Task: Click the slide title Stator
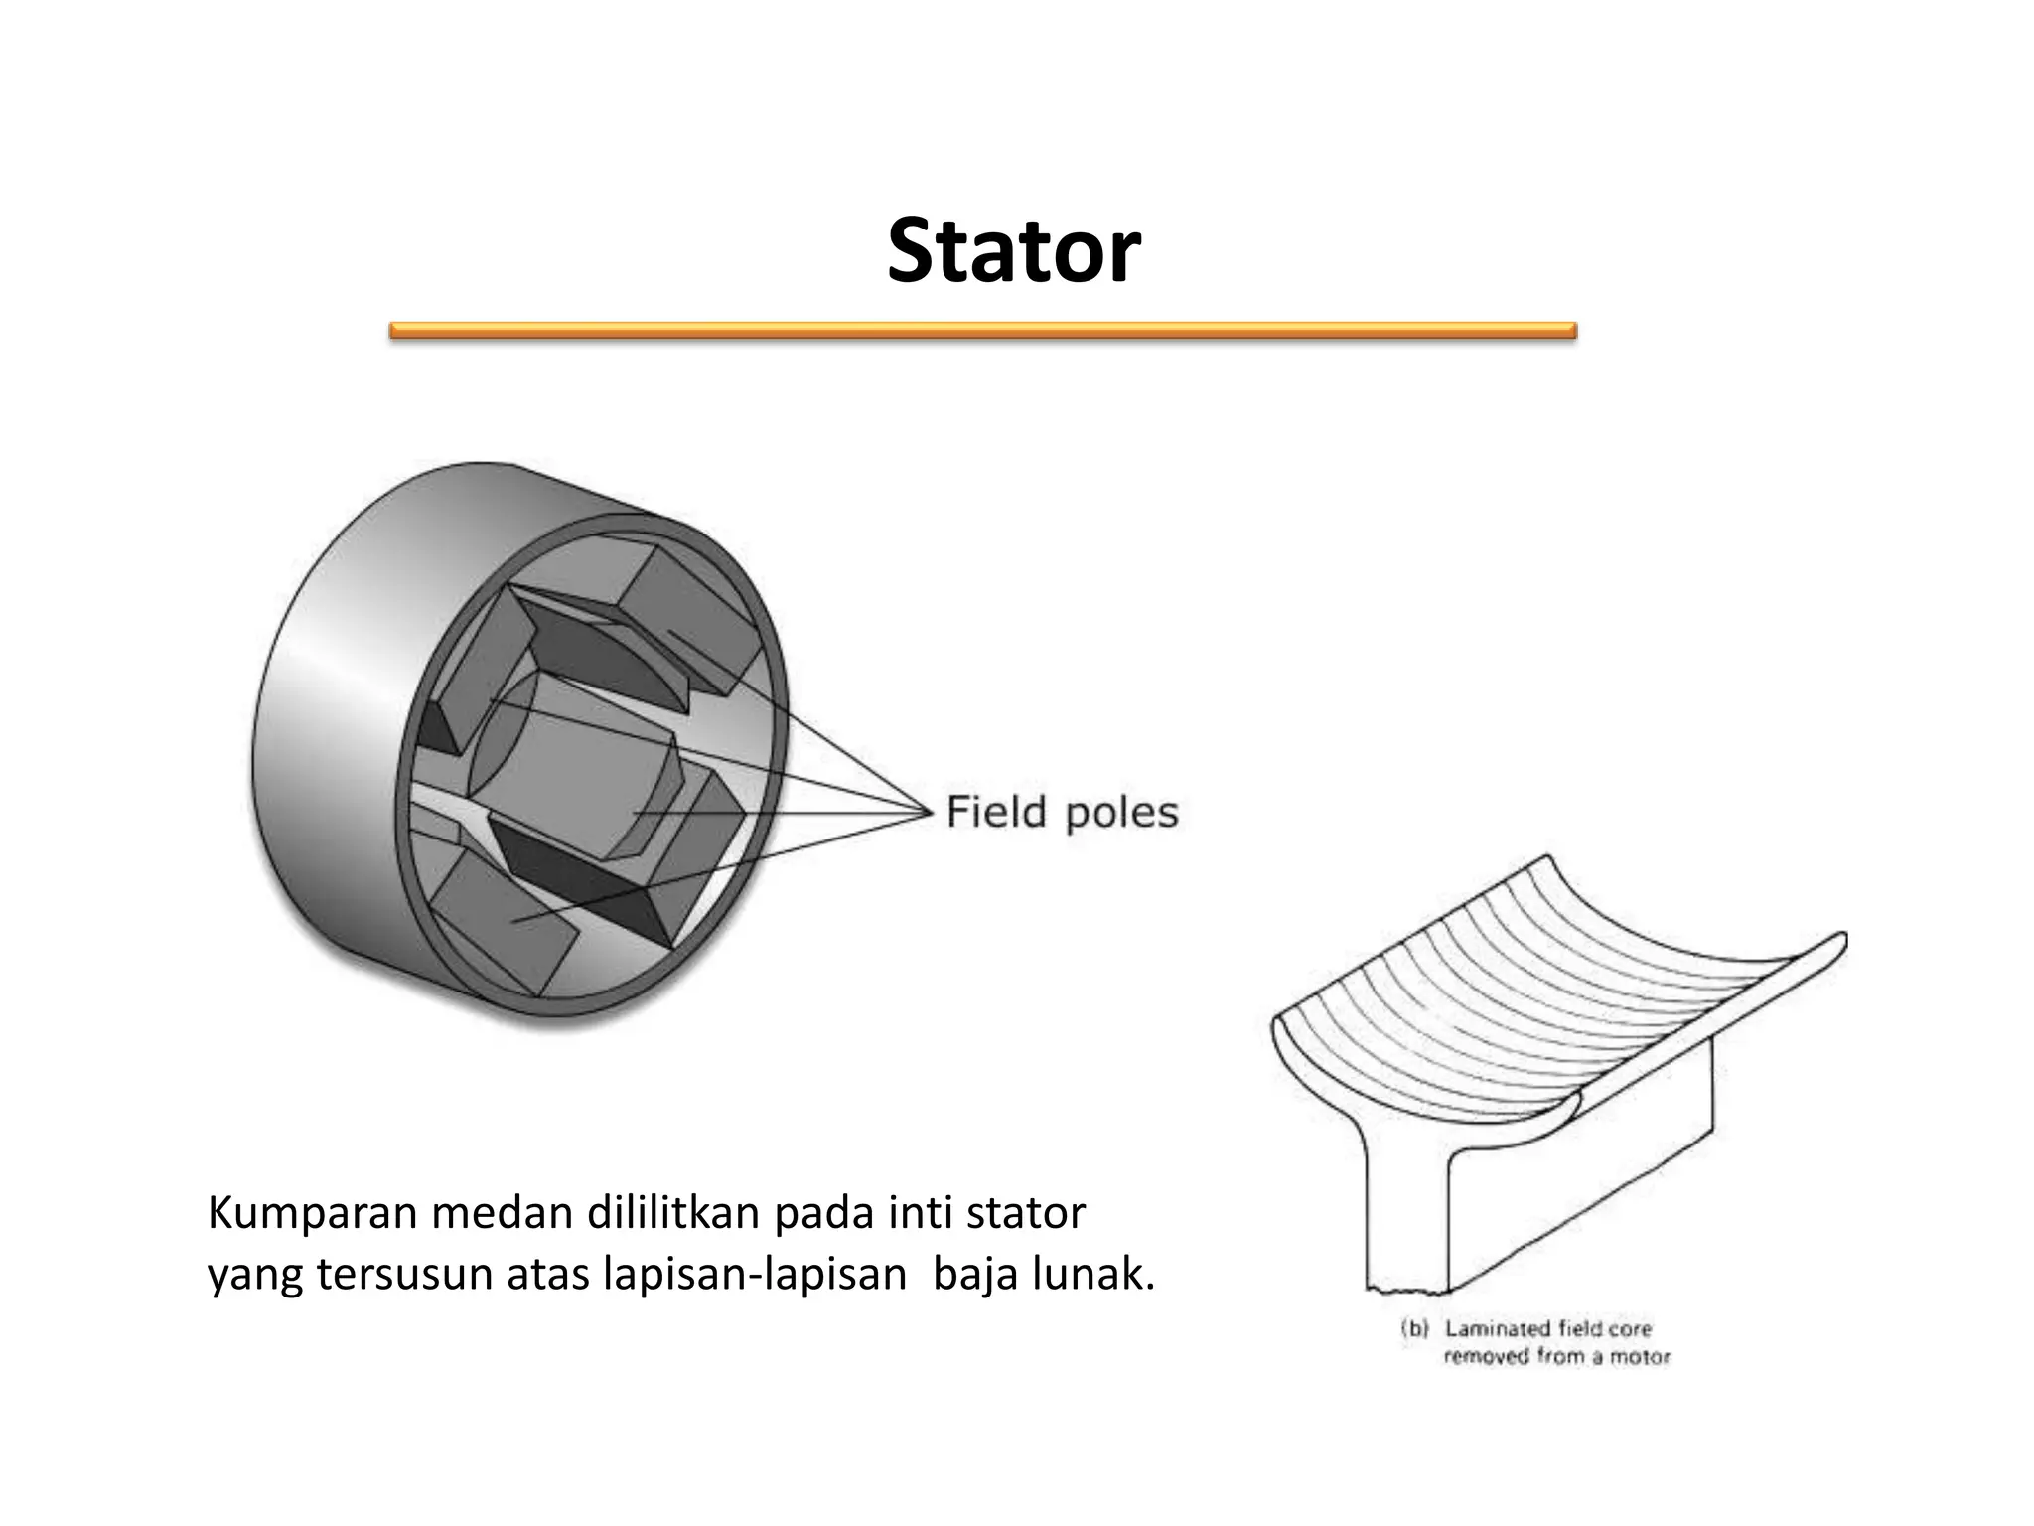point(1013,252)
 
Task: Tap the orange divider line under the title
point(982,331)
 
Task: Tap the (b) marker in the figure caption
point(1413,1328)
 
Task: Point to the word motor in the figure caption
point(1642,1356)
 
